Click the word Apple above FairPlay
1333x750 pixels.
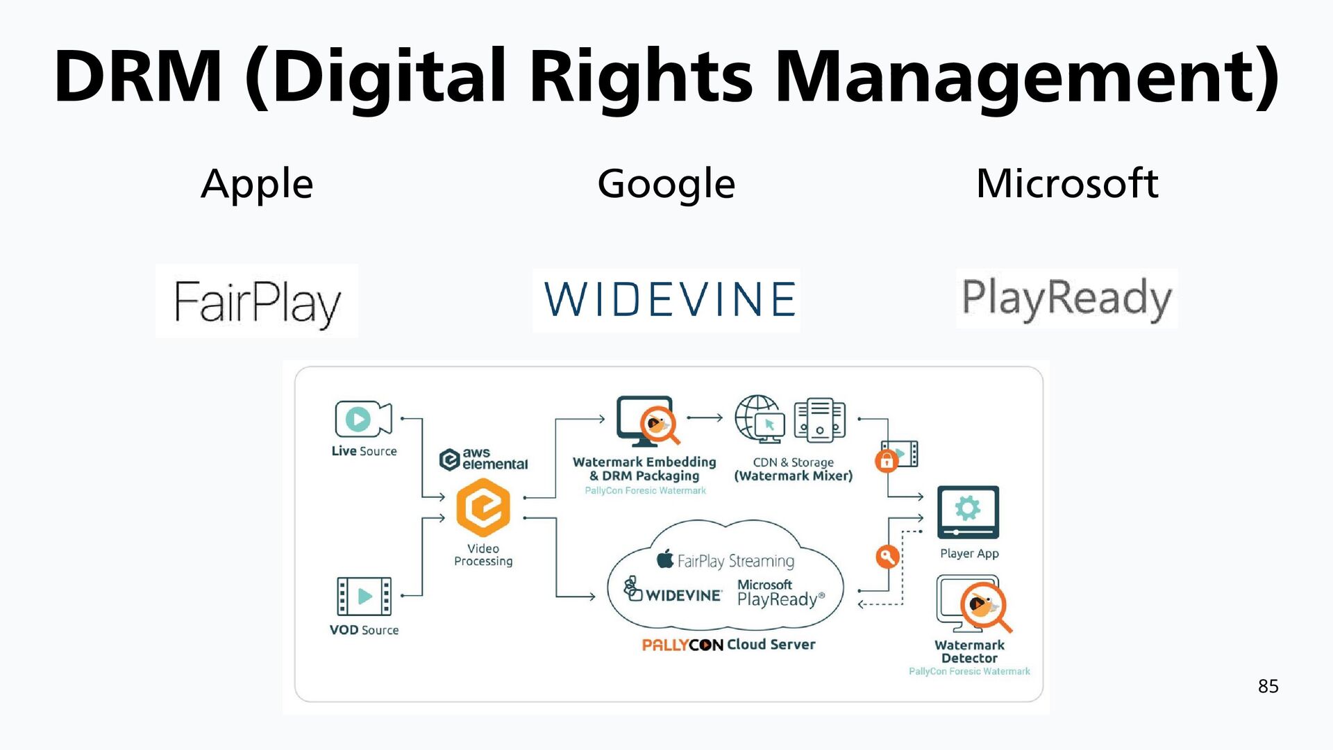coord(257,184)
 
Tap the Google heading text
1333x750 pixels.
coord(666,184)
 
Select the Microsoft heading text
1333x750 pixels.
coord(1067,184)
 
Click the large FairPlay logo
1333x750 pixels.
coord(257,301)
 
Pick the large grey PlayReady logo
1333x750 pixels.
coord(1066,299)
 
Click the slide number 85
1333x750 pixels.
coord(1268,686)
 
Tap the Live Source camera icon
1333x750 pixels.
coord(362,419)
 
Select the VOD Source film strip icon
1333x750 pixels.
coord(364,596)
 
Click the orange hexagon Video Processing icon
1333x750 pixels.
coord(483,508)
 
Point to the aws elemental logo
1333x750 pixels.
coord(484,459)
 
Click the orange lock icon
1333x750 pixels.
coord(887,460)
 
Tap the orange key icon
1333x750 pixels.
coord(887,556)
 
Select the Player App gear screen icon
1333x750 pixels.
coord(968,512)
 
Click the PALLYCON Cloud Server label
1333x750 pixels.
coord(728,644)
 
